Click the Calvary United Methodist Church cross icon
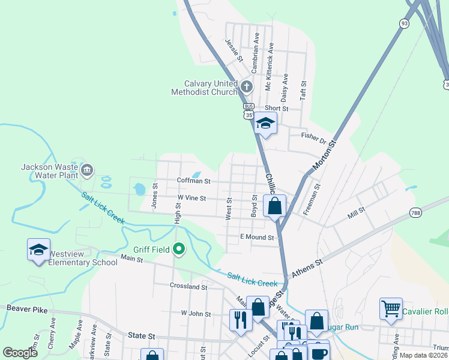coord(246,88)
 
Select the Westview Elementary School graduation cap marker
coord(38,250)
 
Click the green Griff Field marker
coord(178,248)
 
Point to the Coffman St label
coord(193,181)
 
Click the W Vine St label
coord(191,198)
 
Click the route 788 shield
coord(415,212)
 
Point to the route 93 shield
coord(404,23)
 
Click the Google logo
coord(20,353)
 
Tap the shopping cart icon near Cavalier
coord(391,308)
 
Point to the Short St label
coord(277,109)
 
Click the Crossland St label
coord(188,287)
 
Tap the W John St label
coord(196,314)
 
